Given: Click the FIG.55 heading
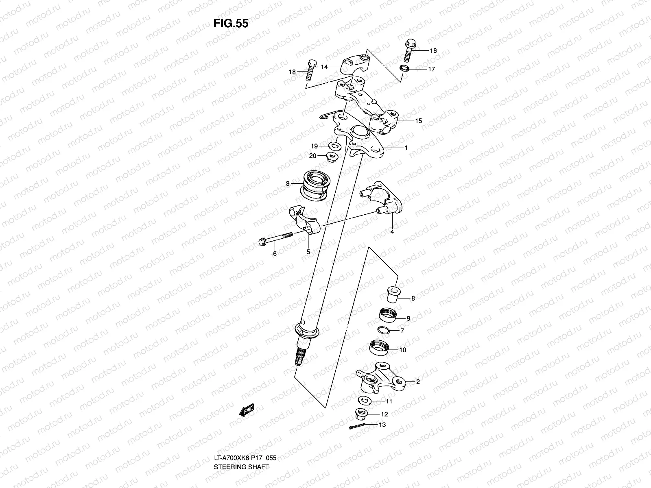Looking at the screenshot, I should (230, 24).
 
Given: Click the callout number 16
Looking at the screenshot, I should (433, 51).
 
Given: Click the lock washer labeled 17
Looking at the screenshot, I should (406, 68).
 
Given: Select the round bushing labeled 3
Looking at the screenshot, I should (317, 185).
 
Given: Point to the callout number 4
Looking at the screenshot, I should (392, 233).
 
